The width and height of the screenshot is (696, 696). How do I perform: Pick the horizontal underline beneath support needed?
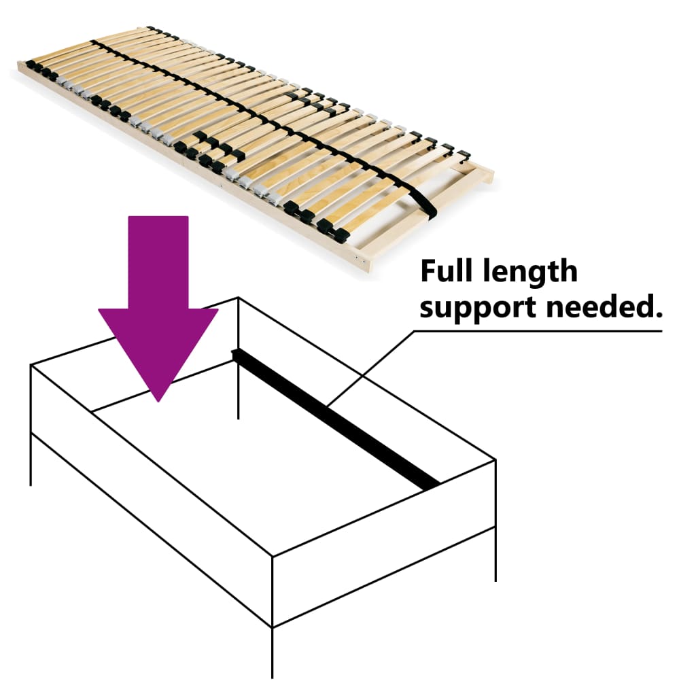tap(537, 332)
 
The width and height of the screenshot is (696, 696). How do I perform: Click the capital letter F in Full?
tap(428, 271)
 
